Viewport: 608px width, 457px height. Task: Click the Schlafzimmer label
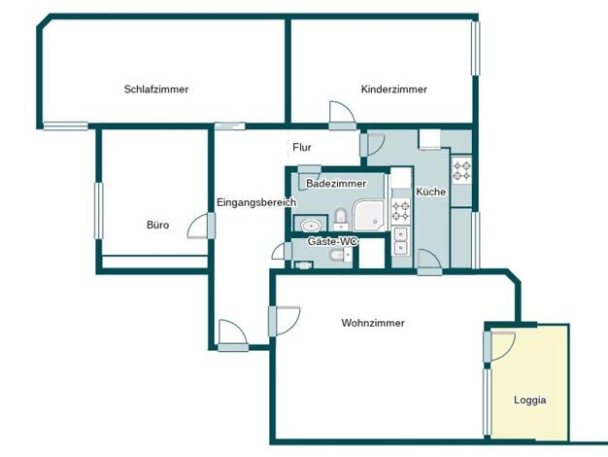pyautogui.click(x=156, y=89)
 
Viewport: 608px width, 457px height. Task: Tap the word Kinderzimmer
pyautogui.click(x=394, y=89)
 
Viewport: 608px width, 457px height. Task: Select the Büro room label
pyautogui.click(x=157, y=225)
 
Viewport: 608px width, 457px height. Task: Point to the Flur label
pyautogui.click(x=302, y=148)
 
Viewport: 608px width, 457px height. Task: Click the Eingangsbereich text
pyautogui.click(x=256, y=202)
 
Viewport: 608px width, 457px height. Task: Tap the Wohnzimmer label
pyautogui.click(x=373, y=323)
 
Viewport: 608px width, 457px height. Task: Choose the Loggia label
pyautogui.click(x=530, y=401)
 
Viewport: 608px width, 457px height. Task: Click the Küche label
pyautogui.click(x=431, y=192)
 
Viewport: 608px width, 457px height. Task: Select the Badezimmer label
pyautogui.click(x=336, y=183)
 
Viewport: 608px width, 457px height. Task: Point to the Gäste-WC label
pyautogui.click(x=333, y=241)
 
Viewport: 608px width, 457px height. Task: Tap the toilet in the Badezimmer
pyautogui.click(x=341, y=219)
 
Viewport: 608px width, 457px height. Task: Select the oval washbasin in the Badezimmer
pyautogui.click(x=310, y=225)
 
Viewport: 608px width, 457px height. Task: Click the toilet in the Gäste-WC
pyautogui.click(x=341, y=255)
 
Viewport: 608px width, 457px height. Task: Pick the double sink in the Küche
pyautogui.click(x=400, y=241)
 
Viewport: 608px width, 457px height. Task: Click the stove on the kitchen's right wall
pyautogui.click(x=462, y=170)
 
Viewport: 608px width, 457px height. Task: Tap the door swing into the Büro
pyautogui.click(x=197, y=226)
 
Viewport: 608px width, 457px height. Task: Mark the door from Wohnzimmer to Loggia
pyautogui.click(x=502, y=345)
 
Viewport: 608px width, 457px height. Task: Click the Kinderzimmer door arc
pyautogui.click(x=342, y=112)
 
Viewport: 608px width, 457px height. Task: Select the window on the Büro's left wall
pyautogui.click(x=99, y=210)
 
